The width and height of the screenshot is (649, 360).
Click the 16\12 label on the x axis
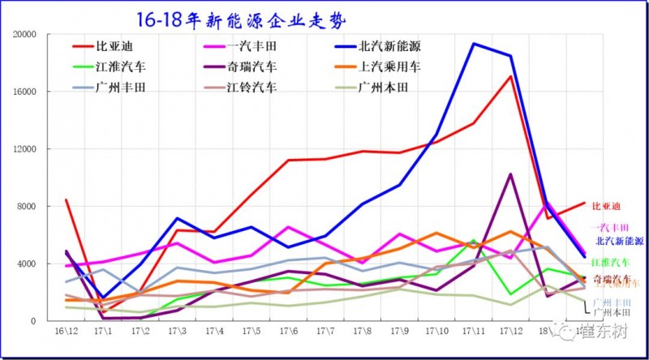pyautogui.click(x=67, y=332)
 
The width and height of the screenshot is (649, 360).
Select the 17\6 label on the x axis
pyautogui.click(x=291, y=332)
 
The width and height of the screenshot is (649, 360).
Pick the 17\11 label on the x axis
pyautogui.click(x=475, y=332)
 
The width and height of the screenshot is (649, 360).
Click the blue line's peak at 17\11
pyautogui.click(x=475, y=44)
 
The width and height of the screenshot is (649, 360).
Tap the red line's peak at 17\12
pyautogui.click(x=511, y=76)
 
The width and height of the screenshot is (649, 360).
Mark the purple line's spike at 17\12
pyautogui.click(x=511, y=174)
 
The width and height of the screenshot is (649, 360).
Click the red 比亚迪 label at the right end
pyautogui.click(x=606, y=207)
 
